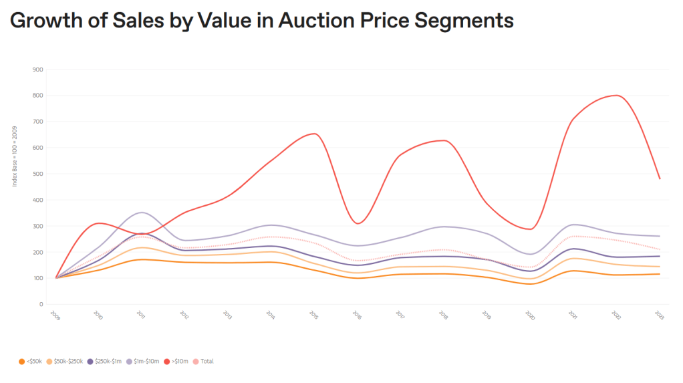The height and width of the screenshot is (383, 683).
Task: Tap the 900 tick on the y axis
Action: point(38,70)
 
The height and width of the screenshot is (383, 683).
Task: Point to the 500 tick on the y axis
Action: point(38,174)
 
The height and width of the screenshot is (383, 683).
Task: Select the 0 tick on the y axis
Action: point(41,304)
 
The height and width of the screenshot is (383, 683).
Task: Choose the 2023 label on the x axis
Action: point(659,314)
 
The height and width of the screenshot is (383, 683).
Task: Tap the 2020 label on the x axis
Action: point(529,314)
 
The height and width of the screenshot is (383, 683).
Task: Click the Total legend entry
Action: point(207,362)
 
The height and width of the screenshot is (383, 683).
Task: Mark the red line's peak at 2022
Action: point(617,96)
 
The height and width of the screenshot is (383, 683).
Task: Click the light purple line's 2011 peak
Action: point(140,213)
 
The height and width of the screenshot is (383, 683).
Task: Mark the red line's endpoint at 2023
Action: point(660,178)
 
